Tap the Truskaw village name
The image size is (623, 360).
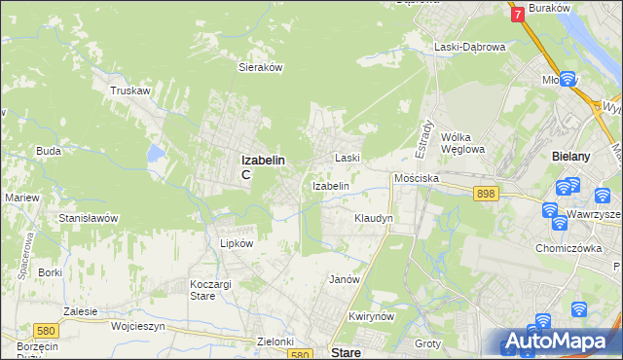pyautogui.click(x=129, y=90)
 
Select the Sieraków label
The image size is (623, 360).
pyautogui.click(x=261, y=68)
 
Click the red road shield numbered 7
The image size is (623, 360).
pyautogui.click(x=517, y=14)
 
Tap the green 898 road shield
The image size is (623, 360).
pyautogui.click(x=487, y=195)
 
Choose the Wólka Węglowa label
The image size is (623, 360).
pyautogui.click(x=462, y=143)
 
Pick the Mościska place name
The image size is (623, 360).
pyautogui.click(x=417, y=179)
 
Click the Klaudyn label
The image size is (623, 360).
pyautogui.click(x=373, y=218)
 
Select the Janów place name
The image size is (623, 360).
pyautogui.click(x=345, y=279)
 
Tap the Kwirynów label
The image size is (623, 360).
pyautogui.click(x=370, y=317)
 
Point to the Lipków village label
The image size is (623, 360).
pyautogui.click(x=237, y=243)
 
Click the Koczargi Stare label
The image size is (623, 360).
pyautogui.click(x=202, y=289)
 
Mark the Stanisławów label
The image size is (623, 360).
pyautogui.click(x=89, y=218)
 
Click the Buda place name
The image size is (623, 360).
pyautogui.click(x=49, y=151)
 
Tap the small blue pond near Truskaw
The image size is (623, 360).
pyautogui.click(x=155, y=153)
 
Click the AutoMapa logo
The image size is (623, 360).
pyautogui.click(x=560, y=342)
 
